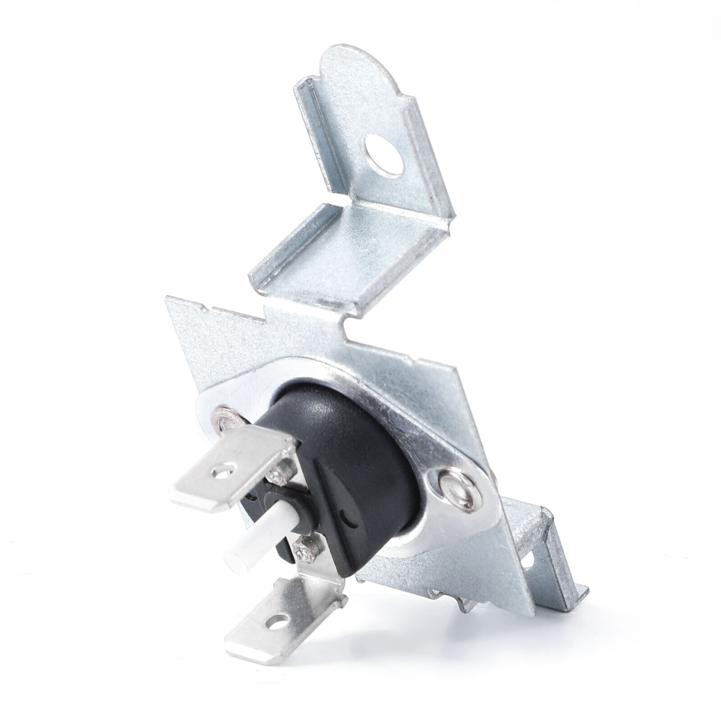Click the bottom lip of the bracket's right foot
tap(563, 595)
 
